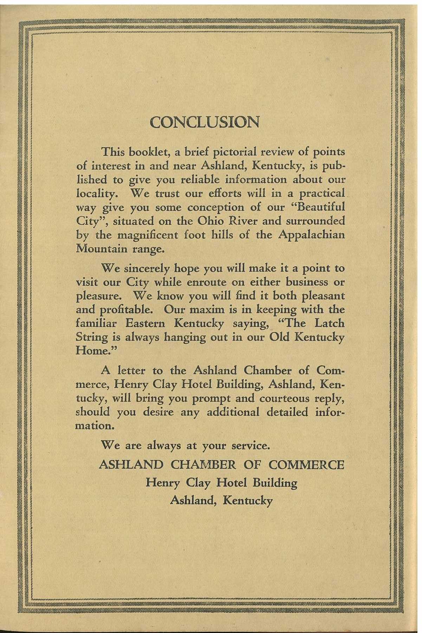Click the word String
click(x=89, y=337)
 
